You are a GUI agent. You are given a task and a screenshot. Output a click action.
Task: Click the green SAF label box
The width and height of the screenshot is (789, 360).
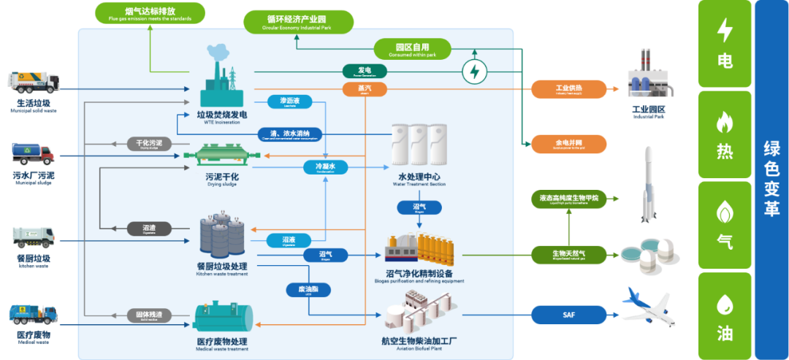568,315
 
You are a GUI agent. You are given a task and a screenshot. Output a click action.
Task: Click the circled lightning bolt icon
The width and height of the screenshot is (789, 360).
475,72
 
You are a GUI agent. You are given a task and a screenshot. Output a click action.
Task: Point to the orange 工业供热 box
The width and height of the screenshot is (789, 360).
568,90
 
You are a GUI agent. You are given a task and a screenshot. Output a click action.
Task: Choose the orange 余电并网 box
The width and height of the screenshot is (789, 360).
568,144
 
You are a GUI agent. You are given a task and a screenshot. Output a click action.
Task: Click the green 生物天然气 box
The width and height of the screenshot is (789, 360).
568,254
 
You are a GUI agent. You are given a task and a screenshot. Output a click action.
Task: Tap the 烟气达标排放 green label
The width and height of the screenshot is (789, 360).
149,12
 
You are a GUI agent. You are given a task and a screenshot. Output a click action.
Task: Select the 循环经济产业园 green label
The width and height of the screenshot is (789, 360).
298,21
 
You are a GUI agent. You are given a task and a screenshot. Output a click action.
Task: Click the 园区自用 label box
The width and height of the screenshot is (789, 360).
412,49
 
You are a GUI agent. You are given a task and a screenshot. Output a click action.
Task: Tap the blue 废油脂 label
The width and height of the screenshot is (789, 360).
308,289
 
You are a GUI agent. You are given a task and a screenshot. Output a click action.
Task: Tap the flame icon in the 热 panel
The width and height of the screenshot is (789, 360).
724,123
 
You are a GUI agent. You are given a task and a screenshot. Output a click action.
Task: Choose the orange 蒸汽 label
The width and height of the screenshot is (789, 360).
365,88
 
